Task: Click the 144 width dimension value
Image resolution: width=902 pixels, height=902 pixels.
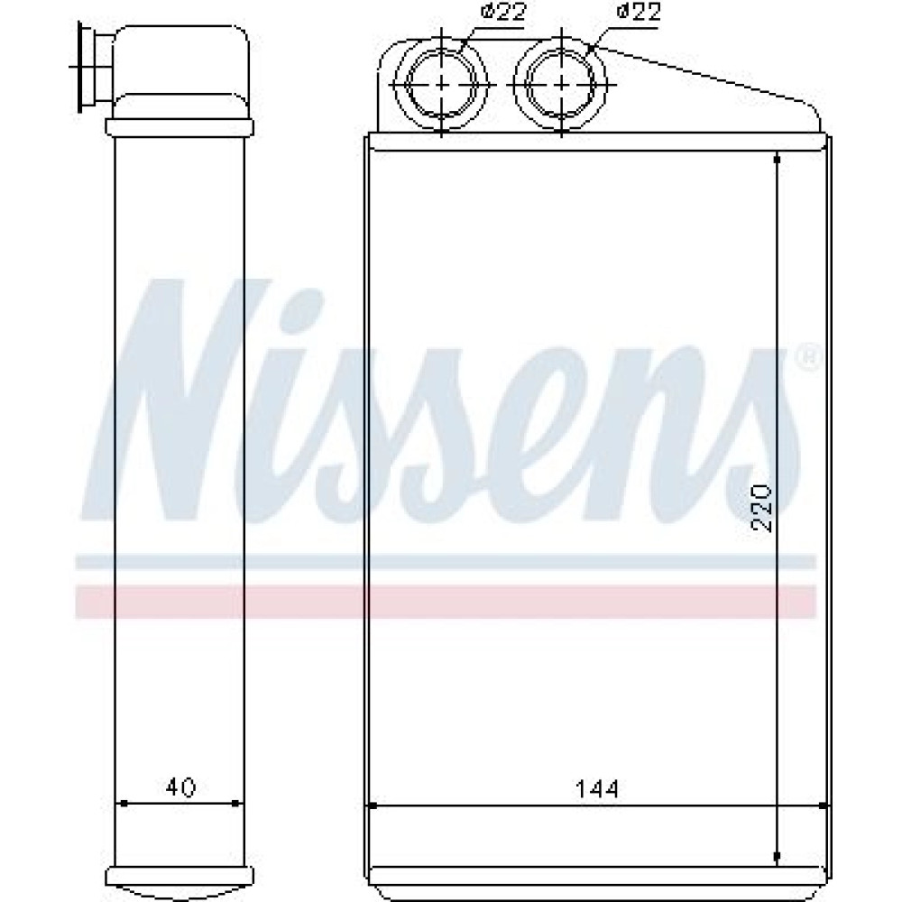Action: [597, 789]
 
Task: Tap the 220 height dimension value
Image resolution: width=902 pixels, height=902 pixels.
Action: [761, 508]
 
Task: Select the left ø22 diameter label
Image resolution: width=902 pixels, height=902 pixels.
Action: [502, 12]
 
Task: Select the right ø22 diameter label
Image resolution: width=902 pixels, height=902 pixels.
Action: [639, 12]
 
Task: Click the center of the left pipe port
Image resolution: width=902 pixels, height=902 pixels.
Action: [441, 85]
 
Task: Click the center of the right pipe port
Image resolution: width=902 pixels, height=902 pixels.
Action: [561, 85]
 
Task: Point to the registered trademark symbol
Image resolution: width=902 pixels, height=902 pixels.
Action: [807, 358]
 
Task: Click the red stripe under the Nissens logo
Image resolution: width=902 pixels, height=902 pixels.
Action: [446, 602]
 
